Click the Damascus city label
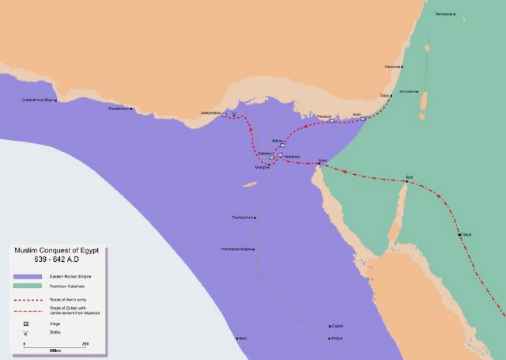click(445, 14)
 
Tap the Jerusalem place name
click(407, 92)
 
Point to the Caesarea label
click(393, 66)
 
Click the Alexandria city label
click(211, 112)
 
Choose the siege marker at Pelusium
click(331, 121)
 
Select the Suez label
click(322, 160)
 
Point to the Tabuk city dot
click(459, 234)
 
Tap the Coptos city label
click(337, 325)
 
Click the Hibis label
click(243, 338)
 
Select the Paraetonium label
click(119, 108)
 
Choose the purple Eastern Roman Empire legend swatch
click(25, 276)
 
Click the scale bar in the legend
click(55, 343)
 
